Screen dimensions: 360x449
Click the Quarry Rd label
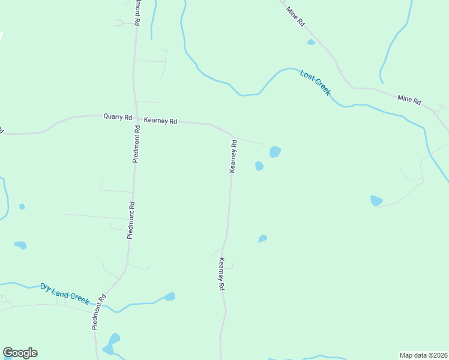(x=117, y=118)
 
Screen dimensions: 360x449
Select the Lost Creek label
(x=315, y=82)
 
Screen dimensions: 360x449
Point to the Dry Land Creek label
(x=65, y=293)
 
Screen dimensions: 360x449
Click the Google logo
(x=20, y=353)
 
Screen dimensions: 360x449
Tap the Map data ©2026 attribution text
(x=423, y=355)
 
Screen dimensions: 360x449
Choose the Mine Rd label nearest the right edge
(x=409, y=100)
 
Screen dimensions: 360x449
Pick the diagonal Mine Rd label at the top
(x=296, y=16)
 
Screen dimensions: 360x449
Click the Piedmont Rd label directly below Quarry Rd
(x=137, y=145)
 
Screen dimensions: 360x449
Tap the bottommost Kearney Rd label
(x=221, y=274)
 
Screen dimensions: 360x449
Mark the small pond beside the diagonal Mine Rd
(x=311, y=42)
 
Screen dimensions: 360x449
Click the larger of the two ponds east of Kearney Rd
(x=275, y=152)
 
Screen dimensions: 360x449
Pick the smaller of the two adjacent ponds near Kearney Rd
(x=259, y=166)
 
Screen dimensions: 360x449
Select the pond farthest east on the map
(x=376, y=200)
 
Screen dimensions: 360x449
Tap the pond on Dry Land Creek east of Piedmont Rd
(x=170, y=296)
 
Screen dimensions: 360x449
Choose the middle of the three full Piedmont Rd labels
(x=131, y=220)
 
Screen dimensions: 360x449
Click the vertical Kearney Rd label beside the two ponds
(x=234, y=157)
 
